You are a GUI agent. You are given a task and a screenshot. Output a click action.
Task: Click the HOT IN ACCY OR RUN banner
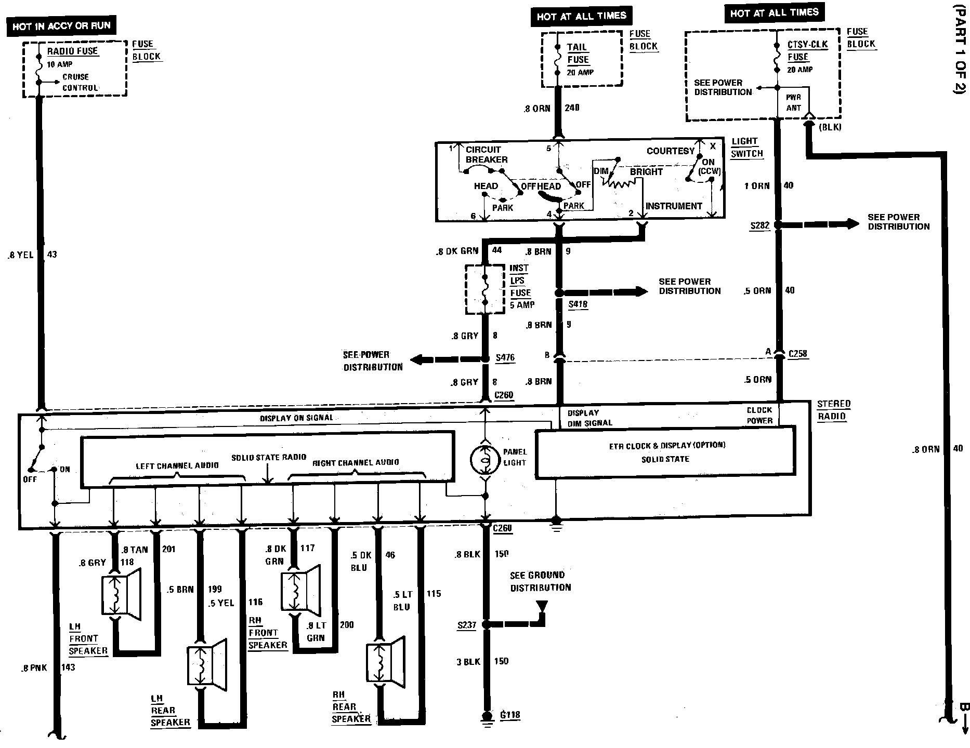tap(61, 25)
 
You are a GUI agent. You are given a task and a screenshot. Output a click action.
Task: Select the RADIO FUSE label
tap(72, 51)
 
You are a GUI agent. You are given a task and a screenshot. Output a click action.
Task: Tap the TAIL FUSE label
tap(578, 53)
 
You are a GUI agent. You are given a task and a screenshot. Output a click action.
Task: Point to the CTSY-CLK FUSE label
tap(807, 51)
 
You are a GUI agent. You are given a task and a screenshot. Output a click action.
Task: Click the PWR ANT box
tap(793, 102)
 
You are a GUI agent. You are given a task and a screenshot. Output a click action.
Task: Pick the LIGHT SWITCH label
tap(747, 148)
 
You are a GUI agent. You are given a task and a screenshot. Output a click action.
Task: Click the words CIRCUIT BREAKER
tap(486, 154)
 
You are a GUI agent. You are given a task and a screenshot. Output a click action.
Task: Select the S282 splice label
tap(759, 226)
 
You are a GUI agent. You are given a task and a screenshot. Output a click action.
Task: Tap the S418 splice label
tap(578, 304)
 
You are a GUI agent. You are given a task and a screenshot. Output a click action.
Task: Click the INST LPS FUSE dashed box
tap(485, 289)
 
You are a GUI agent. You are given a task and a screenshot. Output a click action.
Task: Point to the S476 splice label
tap(505, 357)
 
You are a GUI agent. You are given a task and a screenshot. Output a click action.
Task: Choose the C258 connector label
tap(797, 354)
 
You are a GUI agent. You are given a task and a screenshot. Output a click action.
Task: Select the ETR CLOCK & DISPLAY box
tap(665, 452)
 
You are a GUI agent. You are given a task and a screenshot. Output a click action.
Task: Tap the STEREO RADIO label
tap(833, 410)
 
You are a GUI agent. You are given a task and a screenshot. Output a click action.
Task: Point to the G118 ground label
tap(509, 715)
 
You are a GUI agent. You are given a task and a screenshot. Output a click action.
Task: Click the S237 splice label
tap(466, 625)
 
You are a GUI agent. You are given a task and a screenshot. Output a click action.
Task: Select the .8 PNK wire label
tap(34, 668)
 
